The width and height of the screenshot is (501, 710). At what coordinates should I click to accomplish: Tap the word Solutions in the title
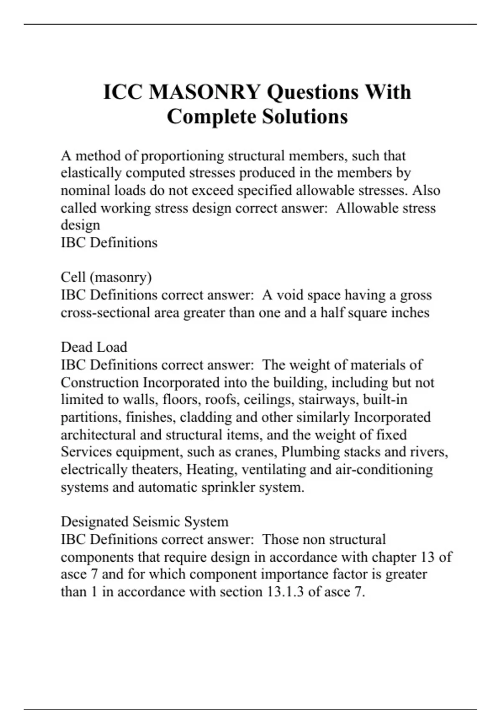[x=305, y=117]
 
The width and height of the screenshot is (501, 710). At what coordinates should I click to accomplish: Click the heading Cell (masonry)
[x=106, y=277]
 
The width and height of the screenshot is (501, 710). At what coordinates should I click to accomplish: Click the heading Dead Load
[x=94, y=347]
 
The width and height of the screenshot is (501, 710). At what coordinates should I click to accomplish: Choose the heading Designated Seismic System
[x=144, y=522]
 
